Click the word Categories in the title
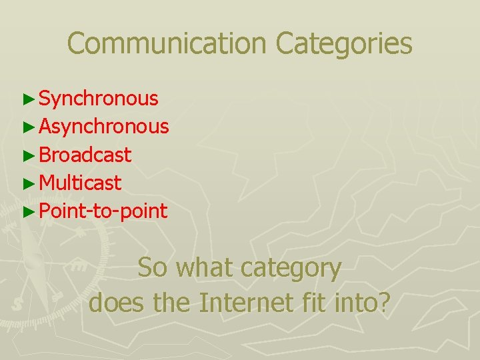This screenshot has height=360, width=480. [x=344, y=44]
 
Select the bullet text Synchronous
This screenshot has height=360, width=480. [x=99, y=99]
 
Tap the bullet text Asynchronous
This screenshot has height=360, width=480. [x=104, y=127]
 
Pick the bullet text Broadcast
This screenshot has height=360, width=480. [x=85, y=155]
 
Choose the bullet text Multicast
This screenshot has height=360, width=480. [x=80, y=183]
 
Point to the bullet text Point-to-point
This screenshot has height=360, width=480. [x=103, y=211]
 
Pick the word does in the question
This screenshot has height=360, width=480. [x=117, y=303]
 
